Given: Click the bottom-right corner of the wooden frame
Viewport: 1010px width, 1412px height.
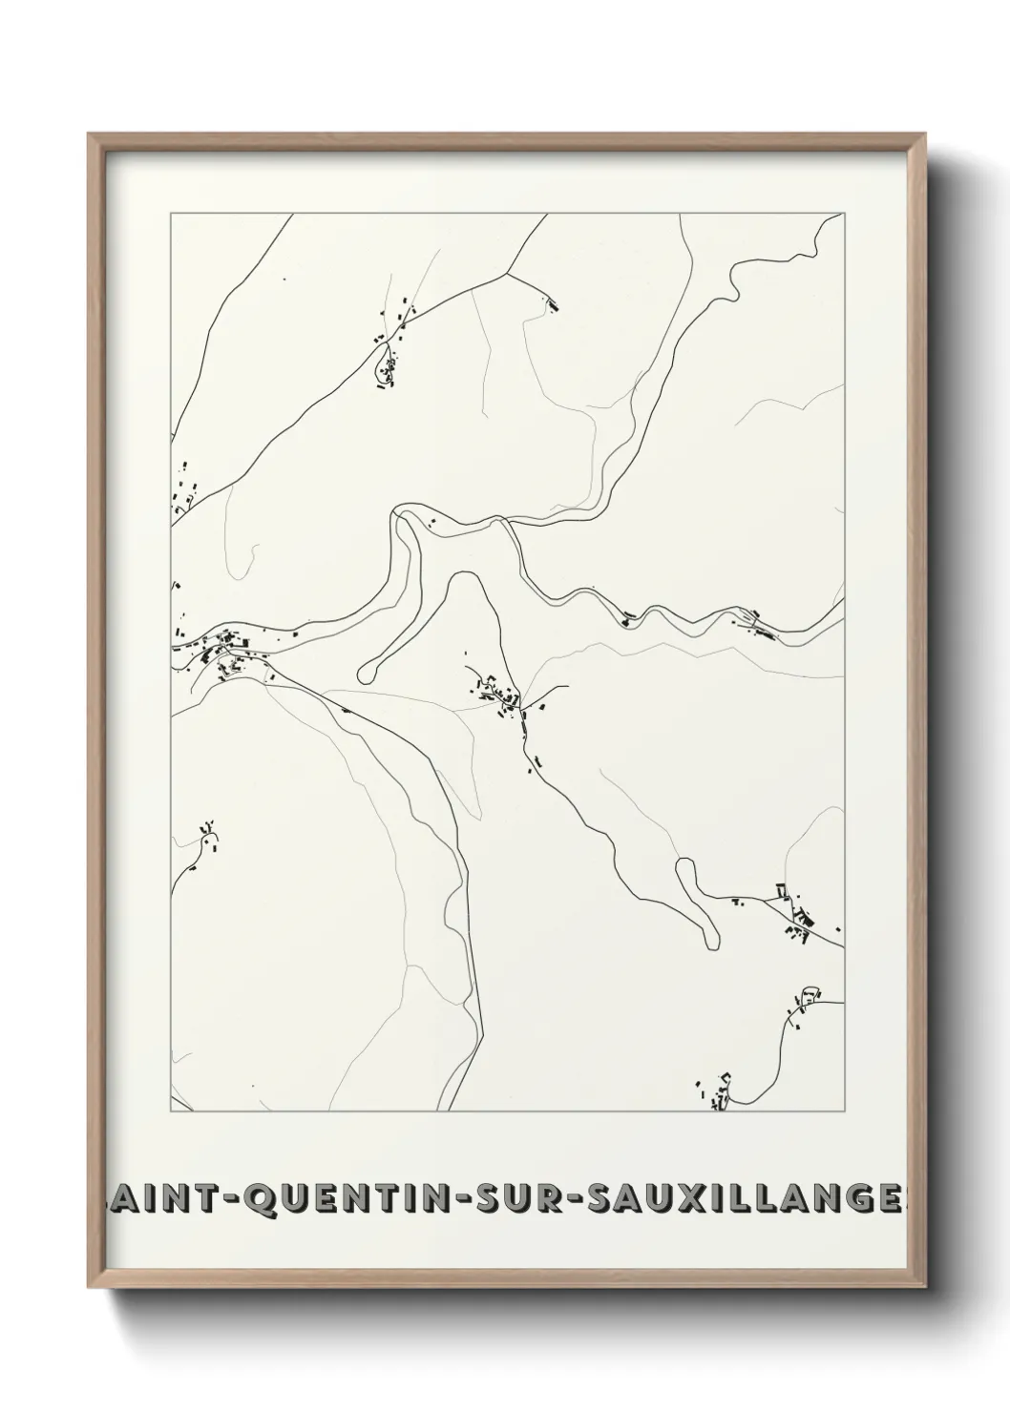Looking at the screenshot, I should (928, 1283).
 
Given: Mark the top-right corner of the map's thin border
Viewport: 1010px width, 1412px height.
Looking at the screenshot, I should (844, 213).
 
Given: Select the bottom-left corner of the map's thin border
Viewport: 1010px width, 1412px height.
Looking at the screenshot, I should (172, 1111).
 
